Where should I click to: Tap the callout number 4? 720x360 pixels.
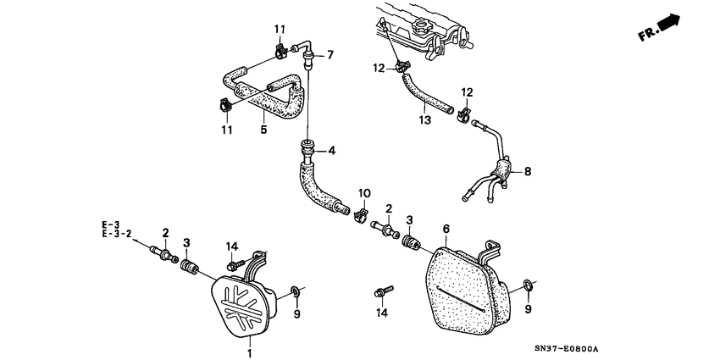tap(332, 151)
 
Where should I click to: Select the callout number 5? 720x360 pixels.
tap(263, 130)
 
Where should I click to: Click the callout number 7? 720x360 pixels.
tap(330, 55)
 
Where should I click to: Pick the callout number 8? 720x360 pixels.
tap(527, 172)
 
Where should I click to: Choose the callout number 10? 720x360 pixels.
tap(364, 193)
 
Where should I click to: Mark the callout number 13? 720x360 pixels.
tap(424, 120)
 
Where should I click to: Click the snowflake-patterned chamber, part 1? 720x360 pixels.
tap(241, 304)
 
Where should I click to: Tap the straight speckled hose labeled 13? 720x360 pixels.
tap(424, 93)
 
